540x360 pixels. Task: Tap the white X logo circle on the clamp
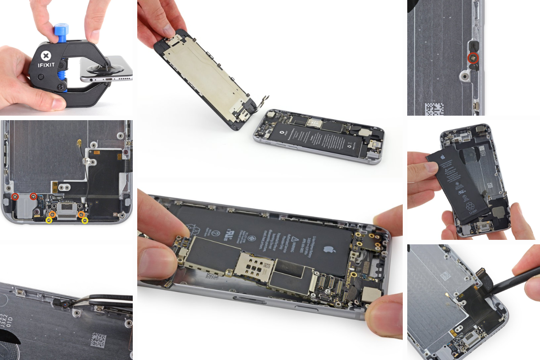45,56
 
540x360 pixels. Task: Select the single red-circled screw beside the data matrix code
472,57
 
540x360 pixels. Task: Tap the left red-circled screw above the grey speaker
15,196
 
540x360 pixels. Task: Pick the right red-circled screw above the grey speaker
33,196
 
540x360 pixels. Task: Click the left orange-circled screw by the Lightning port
52,214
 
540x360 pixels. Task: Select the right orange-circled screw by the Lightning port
81,214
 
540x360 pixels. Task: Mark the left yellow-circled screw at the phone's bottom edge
49,220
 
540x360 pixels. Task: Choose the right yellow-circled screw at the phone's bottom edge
84,220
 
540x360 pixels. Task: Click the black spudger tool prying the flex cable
517,279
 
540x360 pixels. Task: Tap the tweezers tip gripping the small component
67,305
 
